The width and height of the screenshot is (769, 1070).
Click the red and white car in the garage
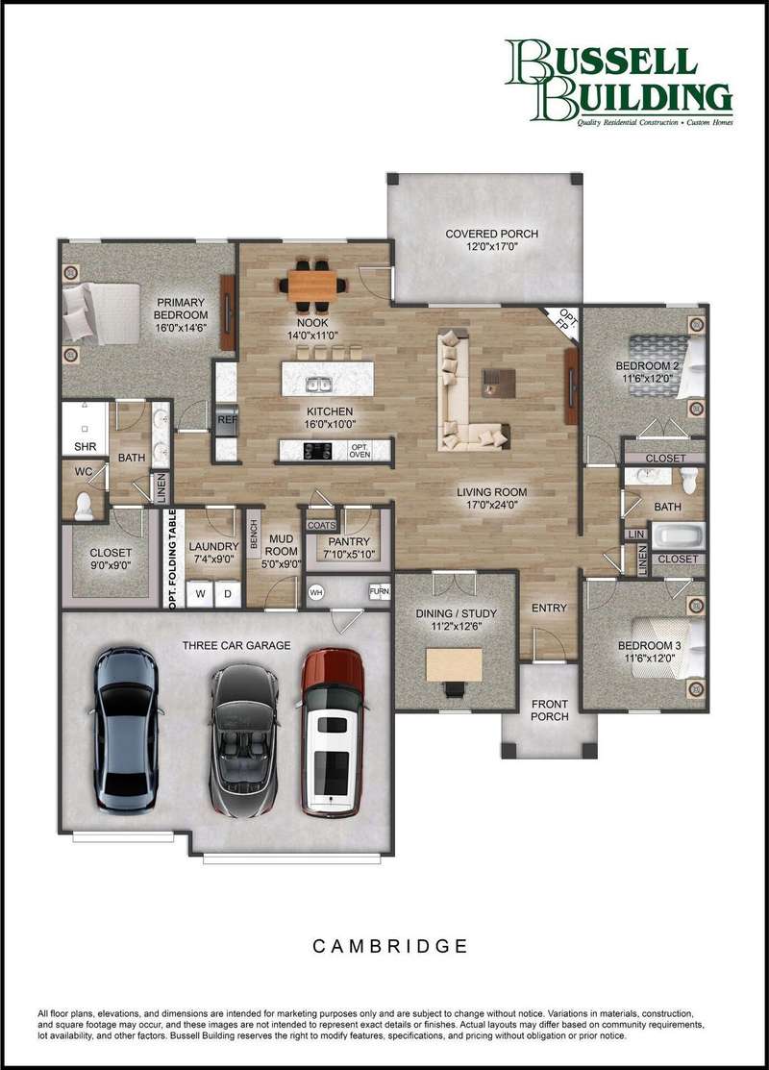pos(332,733)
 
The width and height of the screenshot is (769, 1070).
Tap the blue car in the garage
pos(126,730)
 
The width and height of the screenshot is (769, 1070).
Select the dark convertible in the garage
pos(244,739)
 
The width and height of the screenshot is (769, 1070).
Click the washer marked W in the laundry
pos(200,594)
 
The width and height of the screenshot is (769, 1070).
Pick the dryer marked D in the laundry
pos(228,594)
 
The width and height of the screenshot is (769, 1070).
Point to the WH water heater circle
pos(315,592)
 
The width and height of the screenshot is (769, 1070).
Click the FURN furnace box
pos(379,591)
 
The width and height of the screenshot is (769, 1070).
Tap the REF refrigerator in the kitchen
pos(227,420)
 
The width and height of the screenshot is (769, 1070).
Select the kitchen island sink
pos(318,386)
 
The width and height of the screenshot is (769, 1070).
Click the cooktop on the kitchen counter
pos(317,451)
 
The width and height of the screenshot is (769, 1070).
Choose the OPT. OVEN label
pos(360,451)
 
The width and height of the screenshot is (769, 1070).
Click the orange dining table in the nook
pos(312,286)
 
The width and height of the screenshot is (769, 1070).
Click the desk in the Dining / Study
pos(454,664)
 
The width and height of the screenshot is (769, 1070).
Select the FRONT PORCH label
pos(549,709)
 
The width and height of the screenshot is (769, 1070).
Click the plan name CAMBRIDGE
pos(390,946)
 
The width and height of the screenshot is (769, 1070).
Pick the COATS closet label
pos(321,526)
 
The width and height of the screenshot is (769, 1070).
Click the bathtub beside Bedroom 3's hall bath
pos(678,535)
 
